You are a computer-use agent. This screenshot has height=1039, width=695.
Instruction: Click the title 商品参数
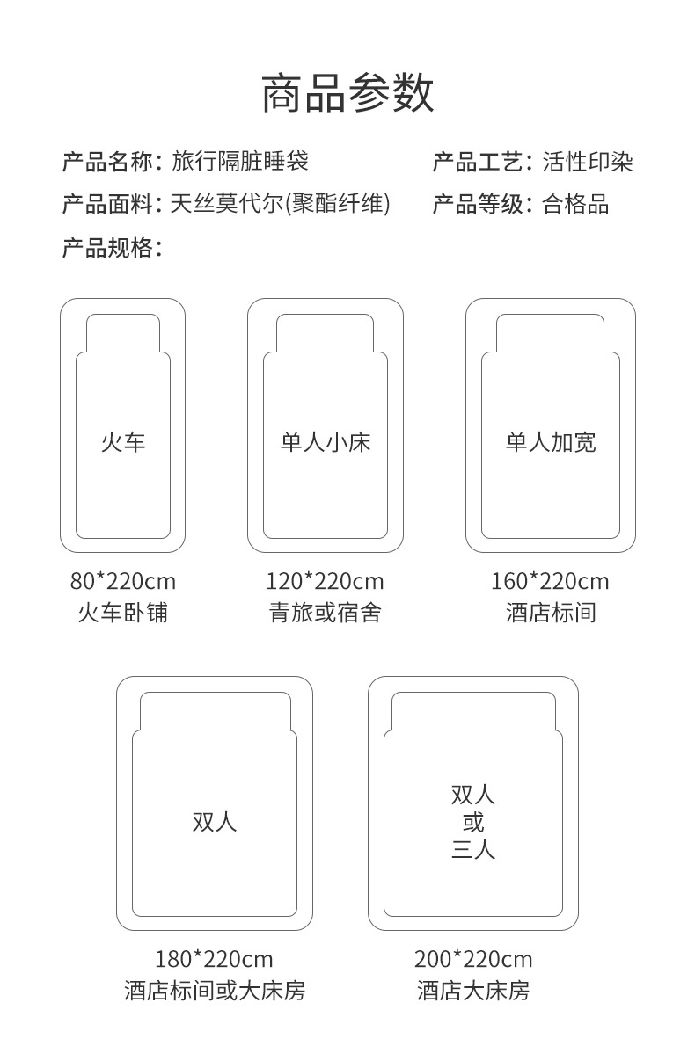click(x=347, y=94)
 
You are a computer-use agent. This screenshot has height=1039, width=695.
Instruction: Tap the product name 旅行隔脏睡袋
click(x=240, y=162)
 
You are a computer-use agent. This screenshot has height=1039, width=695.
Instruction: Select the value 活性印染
click(x=588, y=162)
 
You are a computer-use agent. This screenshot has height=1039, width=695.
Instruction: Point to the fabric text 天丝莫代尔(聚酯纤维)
click(x=280, y=205)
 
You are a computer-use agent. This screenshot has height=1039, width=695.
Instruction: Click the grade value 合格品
click(x=575, y=205)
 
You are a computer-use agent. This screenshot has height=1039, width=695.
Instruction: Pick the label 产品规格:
click(x=112, y=248)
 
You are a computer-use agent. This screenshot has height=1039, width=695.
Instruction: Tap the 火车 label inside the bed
click(x=122, y=441)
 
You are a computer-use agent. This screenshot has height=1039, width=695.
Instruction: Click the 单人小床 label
click(x=326, y=441)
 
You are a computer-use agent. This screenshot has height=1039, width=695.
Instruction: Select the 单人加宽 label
click(x=551, y=441)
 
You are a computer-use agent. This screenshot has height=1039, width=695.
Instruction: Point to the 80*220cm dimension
click(x=122, y=581)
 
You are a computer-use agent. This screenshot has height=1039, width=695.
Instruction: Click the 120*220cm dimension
click(x=325, y=581)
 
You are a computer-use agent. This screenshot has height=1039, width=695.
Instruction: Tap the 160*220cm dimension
click(x=550, y=581)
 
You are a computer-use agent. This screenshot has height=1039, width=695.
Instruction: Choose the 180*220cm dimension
click(x=214, y=958)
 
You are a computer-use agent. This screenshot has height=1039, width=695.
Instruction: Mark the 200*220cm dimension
click(x=473, y=958)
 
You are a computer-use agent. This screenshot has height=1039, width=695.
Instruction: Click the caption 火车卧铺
click(x=122, y=613)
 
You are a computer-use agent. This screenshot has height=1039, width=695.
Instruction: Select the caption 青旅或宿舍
click(x=325, y=613)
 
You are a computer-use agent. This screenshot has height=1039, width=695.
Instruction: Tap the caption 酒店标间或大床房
click(x=214, y=992)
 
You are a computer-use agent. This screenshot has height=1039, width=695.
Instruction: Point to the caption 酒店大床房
click(x=473, y=992)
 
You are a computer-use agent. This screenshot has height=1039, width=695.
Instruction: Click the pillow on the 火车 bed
click(x=123, y=333)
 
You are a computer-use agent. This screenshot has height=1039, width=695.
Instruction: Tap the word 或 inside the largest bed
click(x=473, y=823)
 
